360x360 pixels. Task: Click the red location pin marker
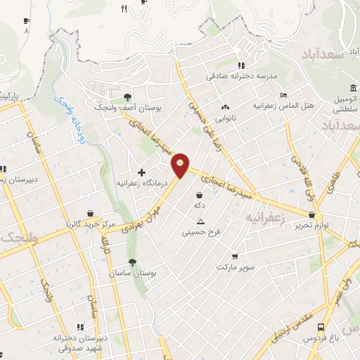point(181,165)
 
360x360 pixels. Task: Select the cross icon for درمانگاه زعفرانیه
point(141,172)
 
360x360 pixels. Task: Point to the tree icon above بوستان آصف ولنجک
point(127,97)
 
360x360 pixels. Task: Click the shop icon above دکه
point(200,195)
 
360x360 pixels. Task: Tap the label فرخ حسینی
point(201,230)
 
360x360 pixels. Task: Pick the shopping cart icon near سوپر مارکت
point(234,257)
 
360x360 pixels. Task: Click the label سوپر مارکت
point(234,268)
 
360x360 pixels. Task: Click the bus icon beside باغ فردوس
point(320,327)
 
